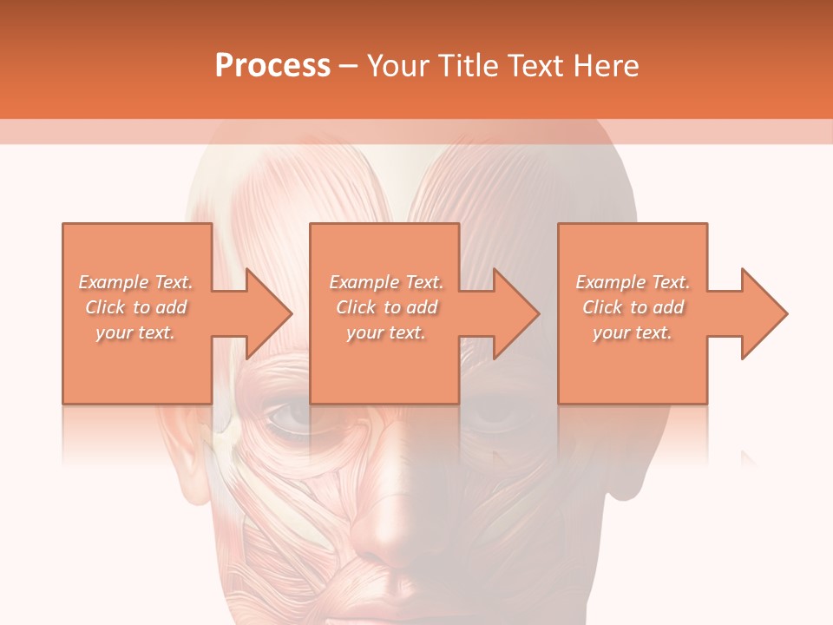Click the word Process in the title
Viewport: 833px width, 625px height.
(272, 66)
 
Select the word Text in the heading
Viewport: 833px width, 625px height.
(535, 66)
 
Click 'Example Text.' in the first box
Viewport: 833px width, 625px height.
(135, 282)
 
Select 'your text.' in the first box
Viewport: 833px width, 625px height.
(135, 332)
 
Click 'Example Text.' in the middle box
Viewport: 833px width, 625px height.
(386, 282)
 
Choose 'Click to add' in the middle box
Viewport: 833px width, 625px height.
(386, 307)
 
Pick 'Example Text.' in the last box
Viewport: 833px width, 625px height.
(633, 282)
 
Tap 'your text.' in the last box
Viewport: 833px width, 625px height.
(633, 332)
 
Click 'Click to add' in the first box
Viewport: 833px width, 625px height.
(135, 307)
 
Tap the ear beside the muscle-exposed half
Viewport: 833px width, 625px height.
(185, 473)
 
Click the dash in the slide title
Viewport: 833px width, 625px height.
(349, 66)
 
